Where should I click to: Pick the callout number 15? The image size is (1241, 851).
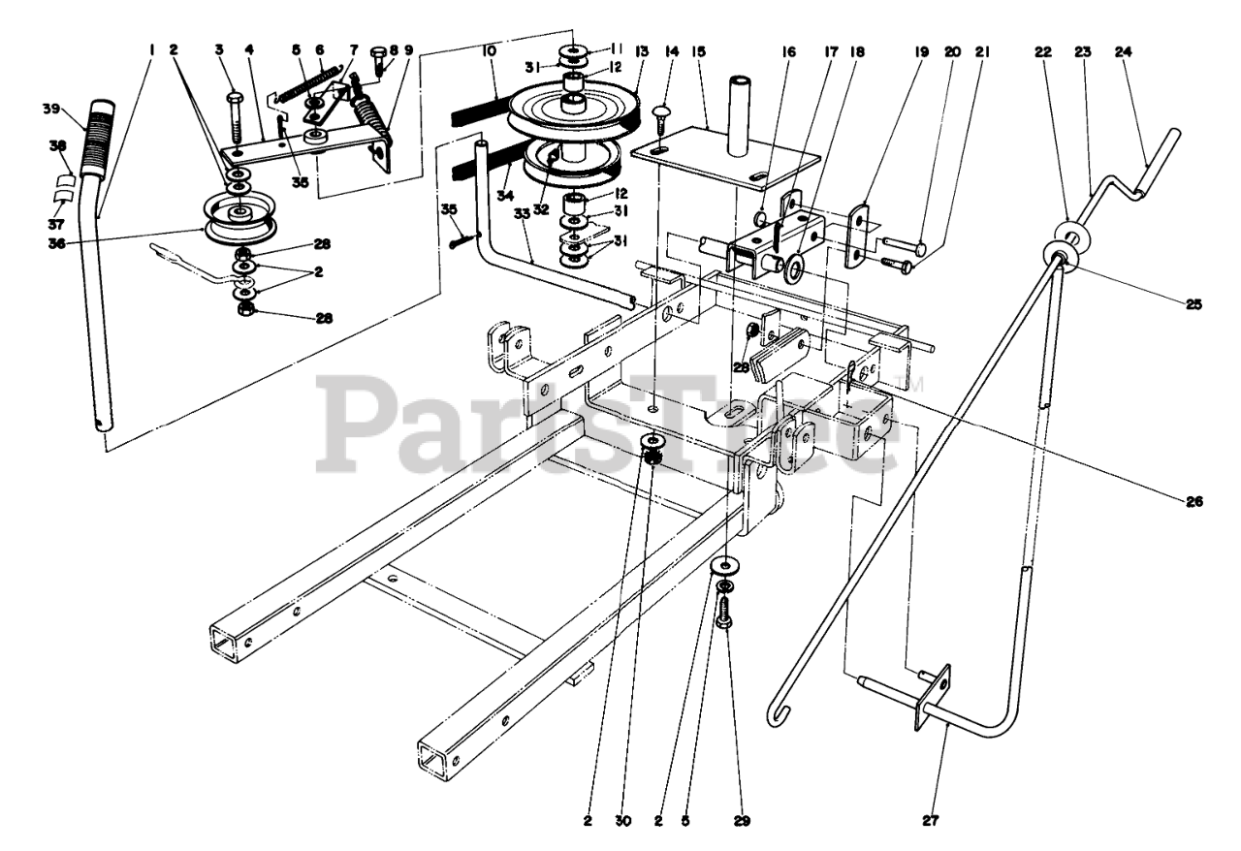pos(698,53)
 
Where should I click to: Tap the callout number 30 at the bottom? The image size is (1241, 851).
pos(622,821)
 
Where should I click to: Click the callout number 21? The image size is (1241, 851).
pos(982,53)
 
